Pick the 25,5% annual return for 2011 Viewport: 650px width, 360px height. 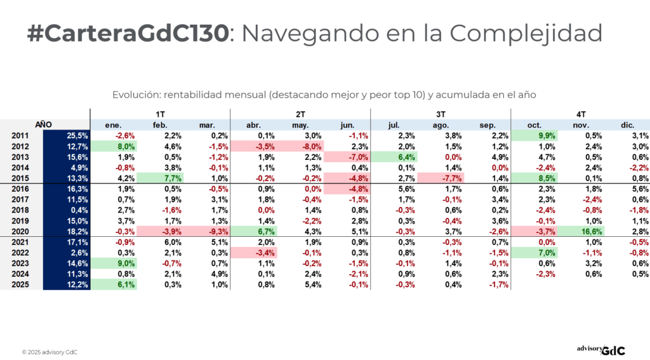coord(67,135)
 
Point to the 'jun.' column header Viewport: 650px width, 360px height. coord(347,125)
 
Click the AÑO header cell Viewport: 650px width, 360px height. coord(43,125)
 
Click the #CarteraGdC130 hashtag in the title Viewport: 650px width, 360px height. coord(128,34)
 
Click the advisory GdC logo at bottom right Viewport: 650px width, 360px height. coord(600,349)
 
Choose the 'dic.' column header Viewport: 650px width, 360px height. coord(628,125)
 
